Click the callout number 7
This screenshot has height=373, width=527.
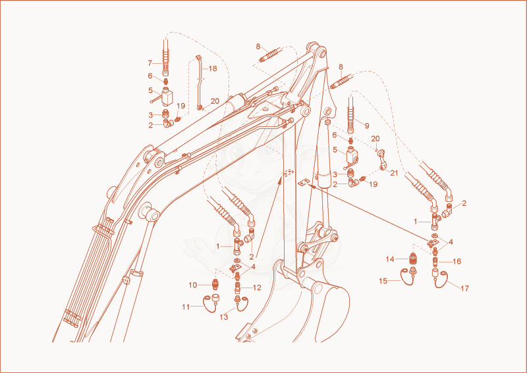150,62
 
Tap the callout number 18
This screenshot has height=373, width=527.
213,68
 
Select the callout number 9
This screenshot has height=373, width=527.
367,126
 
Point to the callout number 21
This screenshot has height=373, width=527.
394,173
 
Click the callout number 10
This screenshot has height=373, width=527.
192,285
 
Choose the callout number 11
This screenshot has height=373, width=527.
186,307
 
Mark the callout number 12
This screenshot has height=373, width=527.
257,287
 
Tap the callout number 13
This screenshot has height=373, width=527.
223,316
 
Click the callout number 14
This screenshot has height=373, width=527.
390,259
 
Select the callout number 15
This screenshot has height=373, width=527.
383,281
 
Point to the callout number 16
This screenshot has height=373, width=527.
457,261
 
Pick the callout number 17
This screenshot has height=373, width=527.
464,288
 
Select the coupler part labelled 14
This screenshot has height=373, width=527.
413,259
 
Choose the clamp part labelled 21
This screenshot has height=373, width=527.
382,159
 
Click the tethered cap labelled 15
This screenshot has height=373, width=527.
408,276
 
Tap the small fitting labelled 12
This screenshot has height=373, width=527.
238,287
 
